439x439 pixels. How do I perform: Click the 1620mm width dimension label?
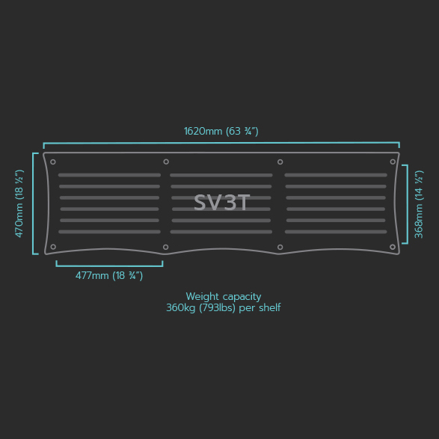pyautogui.click(x=221, y=131)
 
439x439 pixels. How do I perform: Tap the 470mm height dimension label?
pyautogui.click(x=19, y=203)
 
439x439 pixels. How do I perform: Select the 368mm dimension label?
pyautogui.click(x=419, y=204)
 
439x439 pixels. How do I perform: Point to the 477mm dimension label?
pyautogui.click(x=109, y=275)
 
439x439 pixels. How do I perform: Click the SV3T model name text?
pyautogui.click(x=221, y=203)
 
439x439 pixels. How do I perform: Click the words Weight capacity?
pyautogui.click(x=224, y=296)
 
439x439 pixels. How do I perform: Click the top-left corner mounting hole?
pyautogui.click(x=53, y=162)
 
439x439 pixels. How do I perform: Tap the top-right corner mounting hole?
pyautogui.click(x=393, y=162)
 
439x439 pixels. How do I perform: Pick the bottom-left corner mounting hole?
pyautogui.click(x=53, y=247)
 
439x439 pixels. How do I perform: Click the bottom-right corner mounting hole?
pyautogui.click(x=393, y=247)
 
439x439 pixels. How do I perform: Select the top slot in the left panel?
pyautogui.click(x=109, y=175)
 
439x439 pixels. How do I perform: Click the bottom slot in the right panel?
pyautogui.click(x=336, y=232)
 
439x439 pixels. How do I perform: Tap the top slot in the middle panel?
pyautogui.click(x=221, y=175)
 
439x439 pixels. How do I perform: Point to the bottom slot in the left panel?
pyautogui.click(x=109, y=232)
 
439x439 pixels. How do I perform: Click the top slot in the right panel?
pyautogui.click(x=336, y=175)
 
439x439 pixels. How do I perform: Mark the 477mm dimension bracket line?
pyautogui.click(x=109, y=266)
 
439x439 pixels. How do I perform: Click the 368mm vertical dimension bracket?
pyautogui.click(x=407, y=204)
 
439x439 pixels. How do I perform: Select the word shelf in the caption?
pyautogui.click(x=270, y=307)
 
